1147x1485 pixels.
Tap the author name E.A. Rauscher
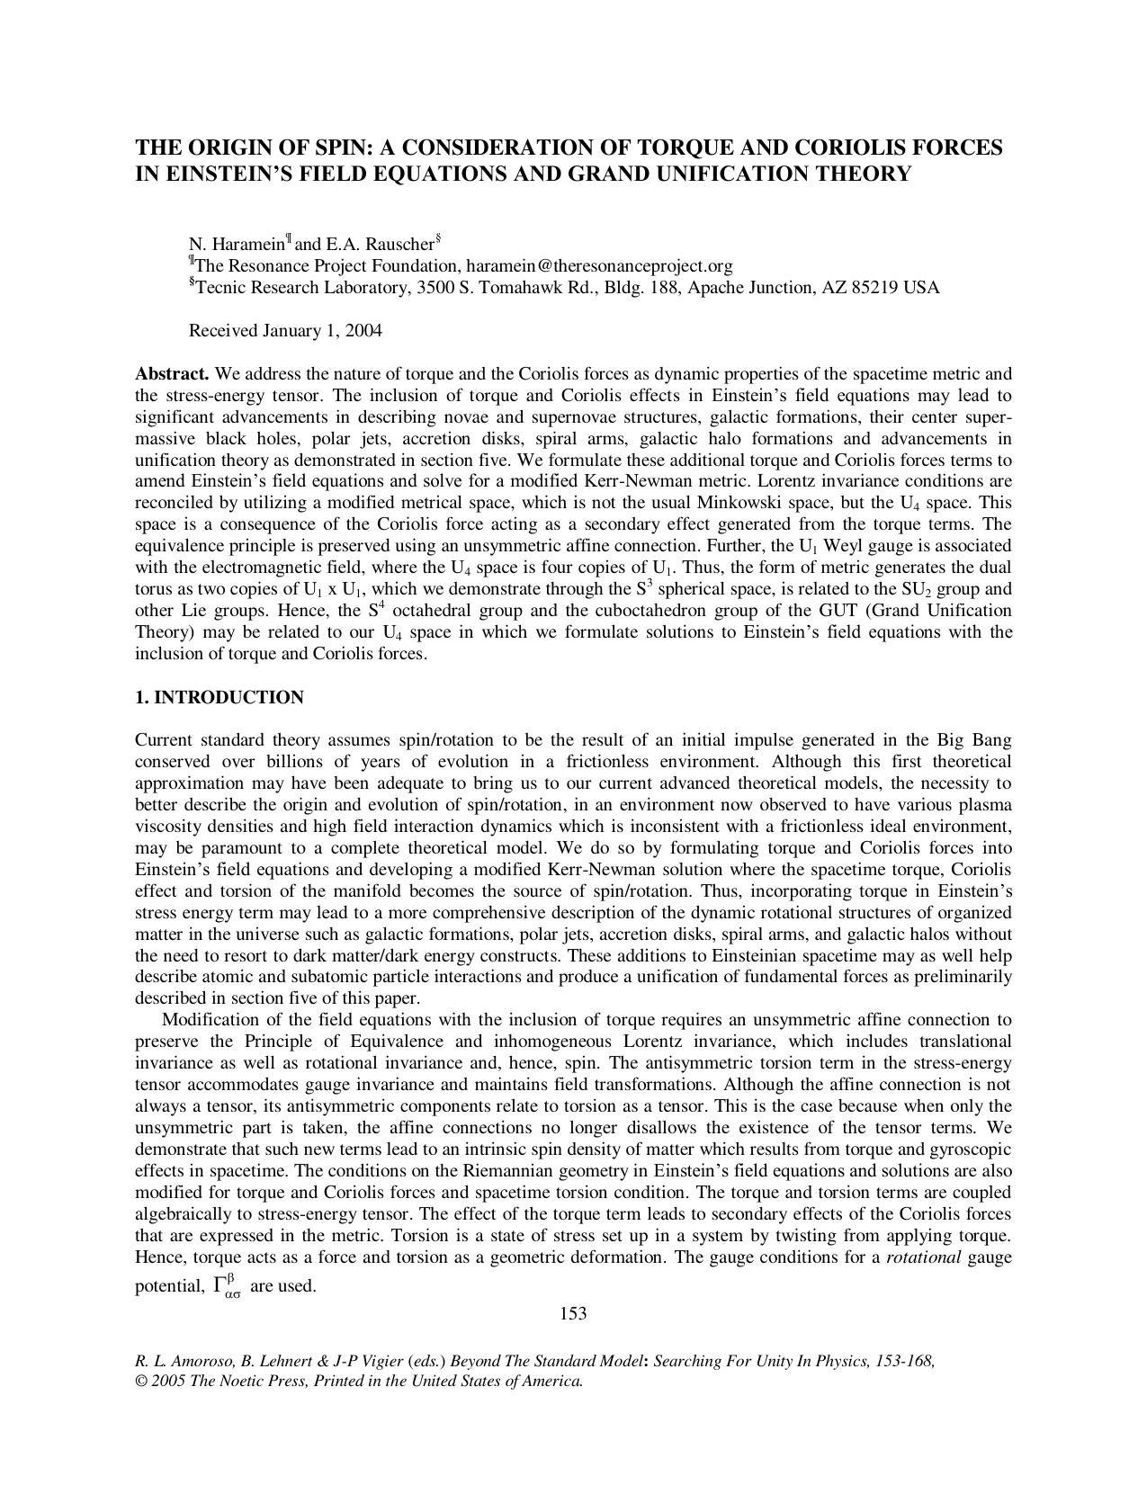click(x=374, y=244)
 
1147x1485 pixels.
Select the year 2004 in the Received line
click(x=363, y=330)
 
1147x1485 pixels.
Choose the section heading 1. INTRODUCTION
click(x=219, y=698)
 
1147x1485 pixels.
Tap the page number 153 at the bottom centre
click(x=573, y=1313)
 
